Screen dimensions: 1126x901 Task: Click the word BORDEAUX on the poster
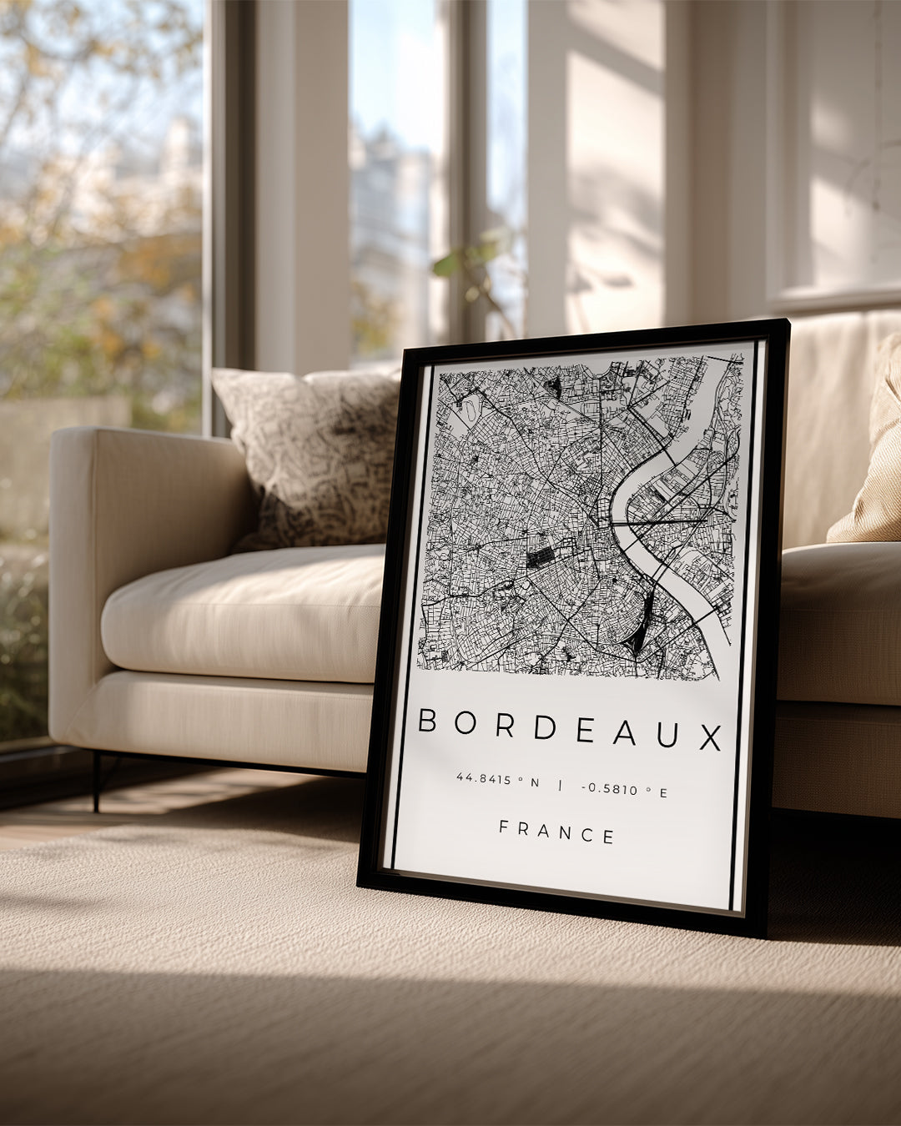click(x=570, y=728)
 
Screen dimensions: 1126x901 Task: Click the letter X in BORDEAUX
click(x=710, y=737)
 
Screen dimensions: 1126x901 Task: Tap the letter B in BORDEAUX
click(x=427, y=720)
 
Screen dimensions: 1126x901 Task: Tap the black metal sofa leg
click(x=97, y=781)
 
